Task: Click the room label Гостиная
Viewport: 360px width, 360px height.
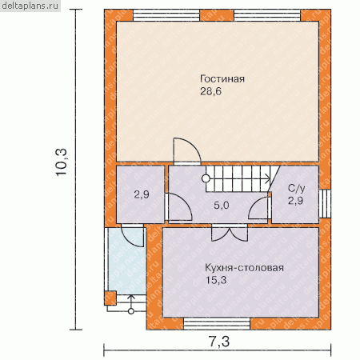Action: pos(222,79)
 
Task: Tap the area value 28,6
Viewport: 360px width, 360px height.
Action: pos(210,91)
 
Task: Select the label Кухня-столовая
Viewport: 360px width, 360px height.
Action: pos(244,267)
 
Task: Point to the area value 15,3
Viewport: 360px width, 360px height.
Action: pos(216,280)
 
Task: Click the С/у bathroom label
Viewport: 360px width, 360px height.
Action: pos(297,188)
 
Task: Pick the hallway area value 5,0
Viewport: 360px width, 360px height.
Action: pos(222,205)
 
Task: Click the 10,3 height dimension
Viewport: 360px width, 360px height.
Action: pos(62,162)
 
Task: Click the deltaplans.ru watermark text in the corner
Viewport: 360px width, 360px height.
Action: pos(30,6)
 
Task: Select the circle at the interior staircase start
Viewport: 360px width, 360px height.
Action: pos(206,178)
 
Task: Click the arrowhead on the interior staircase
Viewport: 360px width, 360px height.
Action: pos(268,178)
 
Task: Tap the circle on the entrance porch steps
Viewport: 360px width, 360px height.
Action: pos(131,311)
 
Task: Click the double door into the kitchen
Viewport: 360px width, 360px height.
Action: pos(230,234)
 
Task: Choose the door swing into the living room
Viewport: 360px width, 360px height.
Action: pos(187,151)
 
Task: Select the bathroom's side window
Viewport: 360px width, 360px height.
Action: pos(325,204)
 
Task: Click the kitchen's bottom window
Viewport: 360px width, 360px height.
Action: pos(217,324)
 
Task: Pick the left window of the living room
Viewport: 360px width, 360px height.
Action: pos(166,15)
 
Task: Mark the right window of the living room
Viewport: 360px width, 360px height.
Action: pos(267,15)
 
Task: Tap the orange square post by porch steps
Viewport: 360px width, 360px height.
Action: pos(110,298)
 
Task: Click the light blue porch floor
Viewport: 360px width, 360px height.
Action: pos(127,261)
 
